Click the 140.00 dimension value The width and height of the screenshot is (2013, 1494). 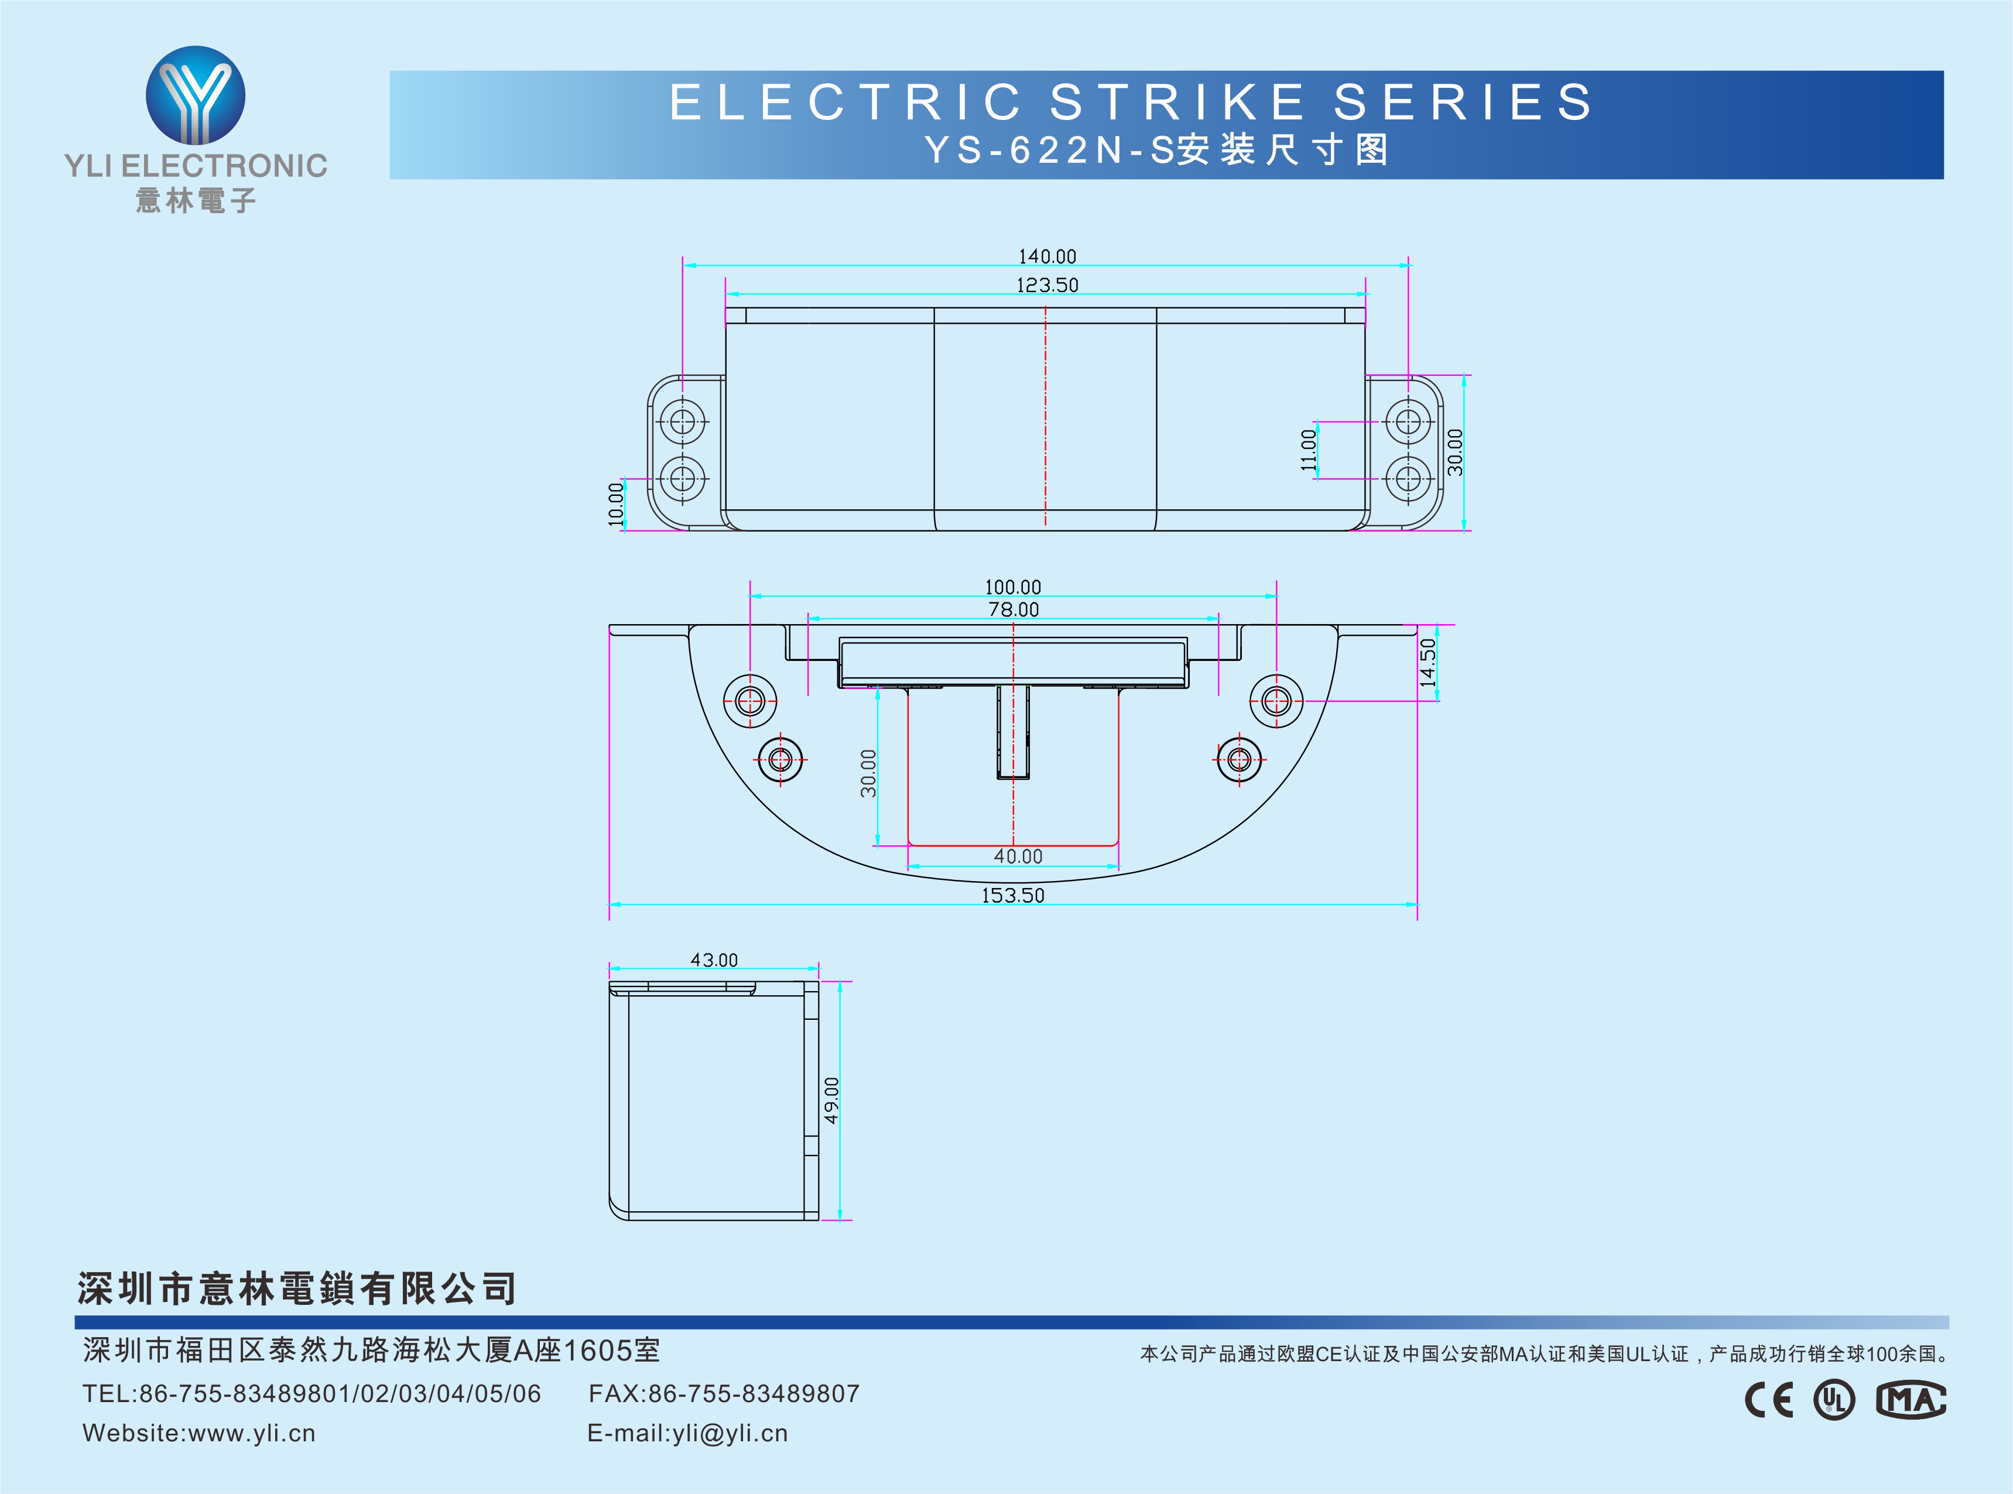(x=1047, y=257)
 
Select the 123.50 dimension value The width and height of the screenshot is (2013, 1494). (x=1047, y=286)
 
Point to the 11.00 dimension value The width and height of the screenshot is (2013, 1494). (x=1307, y=450)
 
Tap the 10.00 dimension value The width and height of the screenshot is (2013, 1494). (x=616, y=503)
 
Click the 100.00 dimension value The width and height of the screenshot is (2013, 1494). (x=1013, y=587)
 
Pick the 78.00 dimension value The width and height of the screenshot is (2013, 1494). (x=1014, y=609)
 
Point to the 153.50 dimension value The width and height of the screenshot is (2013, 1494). (x=1013, y=895)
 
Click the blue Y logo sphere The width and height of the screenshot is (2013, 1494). (x=196, y=95)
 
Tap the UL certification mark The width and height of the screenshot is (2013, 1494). (x=1834, y=1400)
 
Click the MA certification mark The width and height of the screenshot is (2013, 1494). (x=1911, y=1400)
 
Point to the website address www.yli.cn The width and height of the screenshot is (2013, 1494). (x=252, y=1433)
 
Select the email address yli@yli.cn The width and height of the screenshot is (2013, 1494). (x=731, y=1433)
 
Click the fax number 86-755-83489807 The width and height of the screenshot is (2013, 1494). (x=754, y=1394)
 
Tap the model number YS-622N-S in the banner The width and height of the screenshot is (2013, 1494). (x=1049, y=150)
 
